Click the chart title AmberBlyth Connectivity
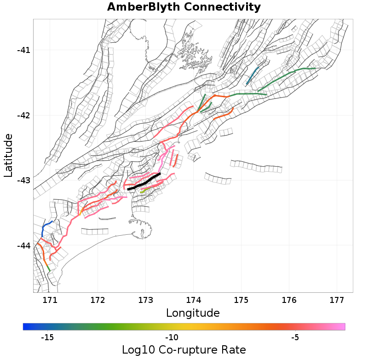(184, 7)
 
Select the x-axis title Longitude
(193, 314)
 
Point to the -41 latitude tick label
(23, 50)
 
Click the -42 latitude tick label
(23, 115)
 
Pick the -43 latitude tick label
(23, 180)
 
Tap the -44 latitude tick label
(23, 245)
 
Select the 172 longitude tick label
(98, 300)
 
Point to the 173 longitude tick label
(145, 300)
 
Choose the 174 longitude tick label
(193, 300)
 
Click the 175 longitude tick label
(241, 300)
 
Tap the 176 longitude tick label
(289, 300)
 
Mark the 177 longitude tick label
(337, 300)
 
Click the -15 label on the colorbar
(47, 337)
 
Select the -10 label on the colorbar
(172, 337)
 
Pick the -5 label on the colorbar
(295, 337)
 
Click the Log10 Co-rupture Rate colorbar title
(184, 349)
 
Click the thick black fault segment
(144, 182)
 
